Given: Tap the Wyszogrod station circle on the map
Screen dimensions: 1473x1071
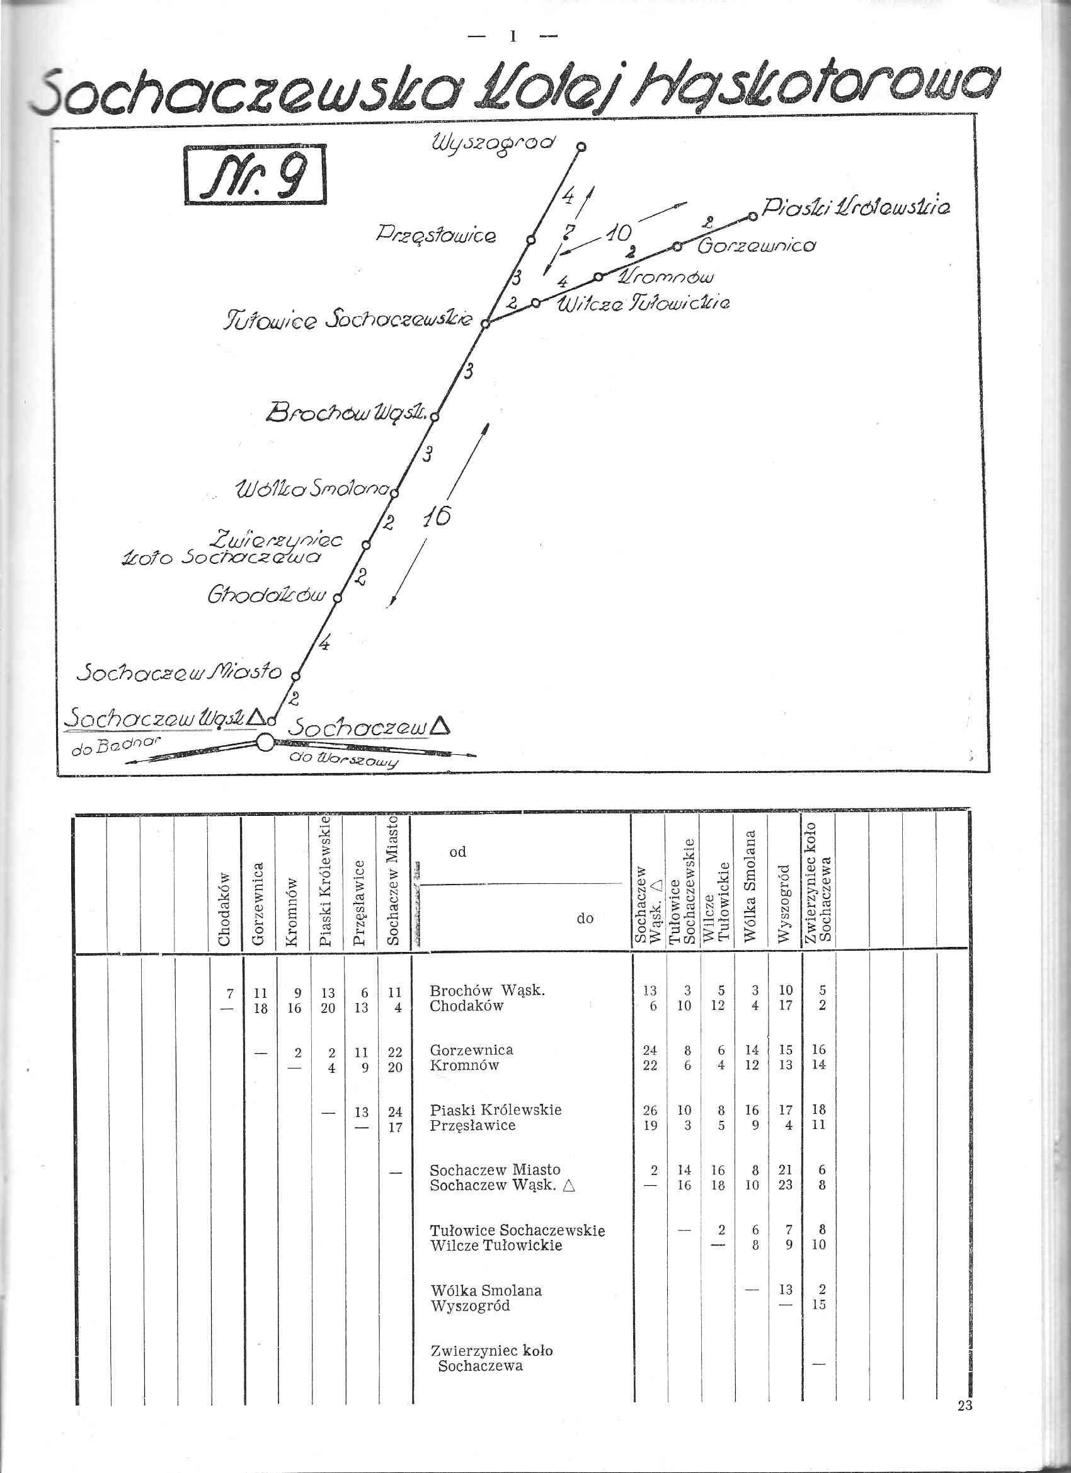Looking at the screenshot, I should coord(582,147).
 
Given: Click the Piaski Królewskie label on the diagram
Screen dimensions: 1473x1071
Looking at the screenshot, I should coord(856,208).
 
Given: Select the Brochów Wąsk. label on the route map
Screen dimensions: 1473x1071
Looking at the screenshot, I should coord(347,412).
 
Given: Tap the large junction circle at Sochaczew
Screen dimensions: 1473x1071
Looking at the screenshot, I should coord(265,742).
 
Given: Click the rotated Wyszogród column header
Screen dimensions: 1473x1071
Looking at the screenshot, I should coord(784,903).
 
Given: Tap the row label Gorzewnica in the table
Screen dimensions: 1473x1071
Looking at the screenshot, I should coord(471,1050).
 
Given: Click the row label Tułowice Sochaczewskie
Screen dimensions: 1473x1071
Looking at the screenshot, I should coord(517,1230).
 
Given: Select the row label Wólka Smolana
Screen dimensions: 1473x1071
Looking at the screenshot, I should coord(485,1290).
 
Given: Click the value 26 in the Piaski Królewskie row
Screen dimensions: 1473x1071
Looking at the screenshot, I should coord(650,1110).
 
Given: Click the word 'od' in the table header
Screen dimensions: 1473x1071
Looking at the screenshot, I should coord(457,852).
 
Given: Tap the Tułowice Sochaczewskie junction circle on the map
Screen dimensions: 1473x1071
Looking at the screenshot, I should coord(485,323).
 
